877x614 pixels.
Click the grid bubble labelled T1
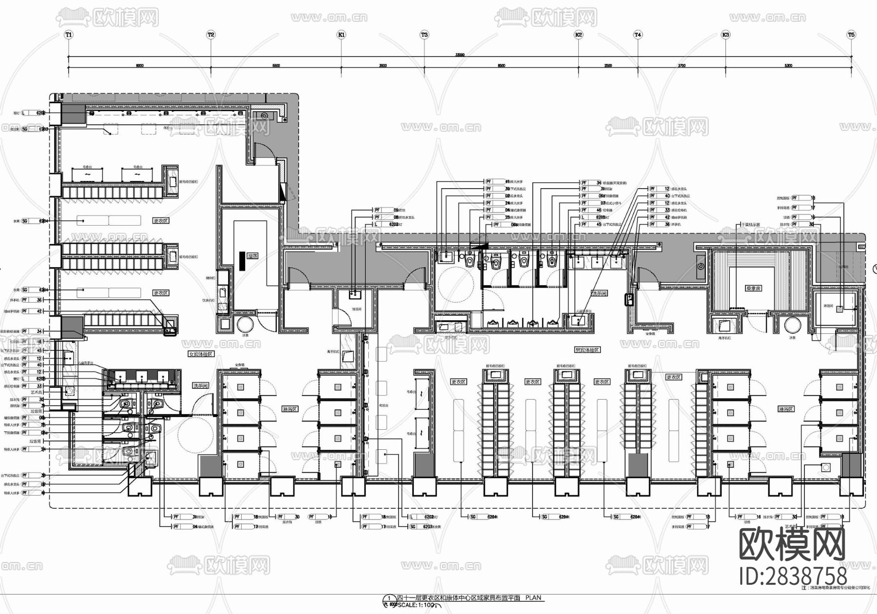68,35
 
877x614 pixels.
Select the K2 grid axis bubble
578,35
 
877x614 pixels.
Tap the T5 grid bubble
851,35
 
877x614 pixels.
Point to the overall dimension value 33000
459,55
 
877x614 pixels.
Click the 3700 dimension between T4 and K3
681,65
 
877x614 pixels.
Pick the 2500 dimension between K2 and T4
608,65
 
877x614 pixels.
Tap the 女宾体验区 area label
201,354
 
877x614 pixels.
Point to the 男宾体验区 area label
587,350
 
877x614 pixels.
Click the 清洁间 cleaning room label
357,309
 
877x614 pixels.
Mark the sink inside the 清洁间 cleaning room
355,294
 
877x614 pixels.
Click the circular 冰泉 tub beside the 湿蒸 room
246,325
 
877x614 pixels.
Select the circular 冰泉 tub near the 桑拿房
793,325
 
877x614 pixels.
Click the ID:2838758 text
793,576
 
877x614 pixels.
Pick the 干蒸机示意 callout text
750,225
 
